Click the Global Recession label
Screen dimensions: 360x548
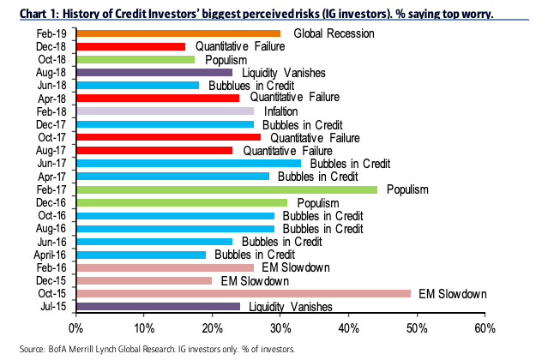333,33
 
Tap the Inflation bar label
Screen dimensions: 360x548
281,111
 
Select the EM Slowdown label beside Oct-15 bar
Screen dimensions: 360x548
452,293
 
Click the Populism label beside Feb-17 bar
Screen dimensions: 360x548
407,189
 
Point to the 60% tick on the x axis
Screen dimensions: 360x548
485,328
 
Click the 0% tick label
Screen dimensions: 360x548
76,328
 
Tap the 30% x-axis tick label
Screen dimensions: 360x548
280,328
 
